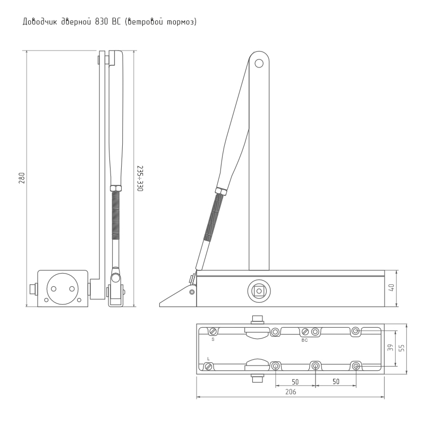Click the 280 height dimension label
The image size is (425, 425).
(x=22, y=178)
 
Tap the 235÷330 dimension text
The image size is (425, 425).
(x=140, y=178)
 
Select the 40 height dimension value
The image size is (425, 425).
(x=392, y=287)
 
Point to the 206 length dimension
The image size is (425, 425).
(x=291, y=392)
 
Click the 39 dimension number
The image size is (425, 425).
(x=390, y=347)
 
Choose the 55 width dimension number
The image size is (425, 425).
(x=402, y=348)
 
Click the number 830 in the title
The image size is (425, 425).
(x=101, y=22)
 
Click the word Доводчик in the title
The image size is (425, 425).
(x=40, y=22)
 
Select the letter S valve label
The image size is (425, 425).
(x=213, y=339)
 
